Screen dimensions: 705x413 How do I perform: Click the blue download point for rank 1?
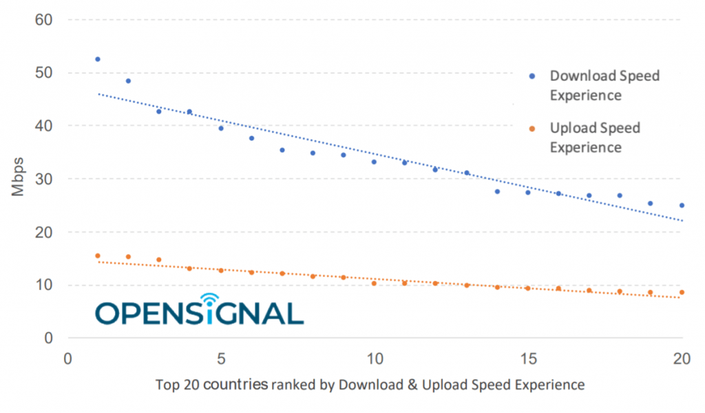coord(98,59)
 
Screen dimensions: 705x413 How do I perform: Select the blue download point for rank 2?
coord(128,81)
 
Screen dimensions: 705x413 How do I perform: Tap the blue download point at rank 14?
coord(497,191)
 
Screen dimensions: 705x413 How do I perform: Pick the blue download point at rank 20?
coord(682,205)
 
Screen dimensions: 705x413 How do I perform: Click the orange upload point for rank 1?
coord(98,255)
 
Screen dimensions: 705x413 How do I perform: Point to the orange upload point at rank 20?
coord(682,292)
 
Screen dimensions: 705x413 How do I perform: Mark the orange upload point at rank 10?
coord(374,283)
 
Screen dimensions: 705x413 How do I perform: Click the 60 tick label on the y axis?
coord(43,20)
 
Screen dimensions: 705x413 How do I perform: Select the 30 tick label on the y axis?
coord(43,179)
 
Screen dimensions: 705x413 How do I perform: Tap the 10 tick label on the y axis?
coord(43,285)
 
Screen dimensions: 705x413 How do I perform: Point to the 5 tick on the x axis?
coord(221,359)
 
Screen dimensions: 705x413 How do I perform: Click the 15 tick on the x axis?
coord(528,359)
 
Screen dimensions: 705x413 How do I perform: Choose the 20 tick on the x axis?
coord(682,359)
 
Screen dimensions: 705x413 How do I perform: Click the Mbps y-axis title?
coord(18,177)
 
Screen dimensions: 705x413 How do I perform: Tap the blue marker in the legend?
coord(532,76)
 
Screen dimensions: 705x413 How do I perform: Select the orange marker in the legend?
coord(532,129)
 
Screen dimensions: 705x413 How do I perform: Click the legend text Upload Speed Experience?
coord(595,138)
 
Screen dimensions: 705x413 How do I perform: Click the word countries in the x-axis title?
coord(238,385)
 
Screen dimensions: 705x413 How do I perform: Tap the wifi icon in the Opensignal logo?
coord(210,299)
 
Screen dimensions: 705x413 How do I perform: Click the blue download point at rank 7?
coord(282,150)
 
